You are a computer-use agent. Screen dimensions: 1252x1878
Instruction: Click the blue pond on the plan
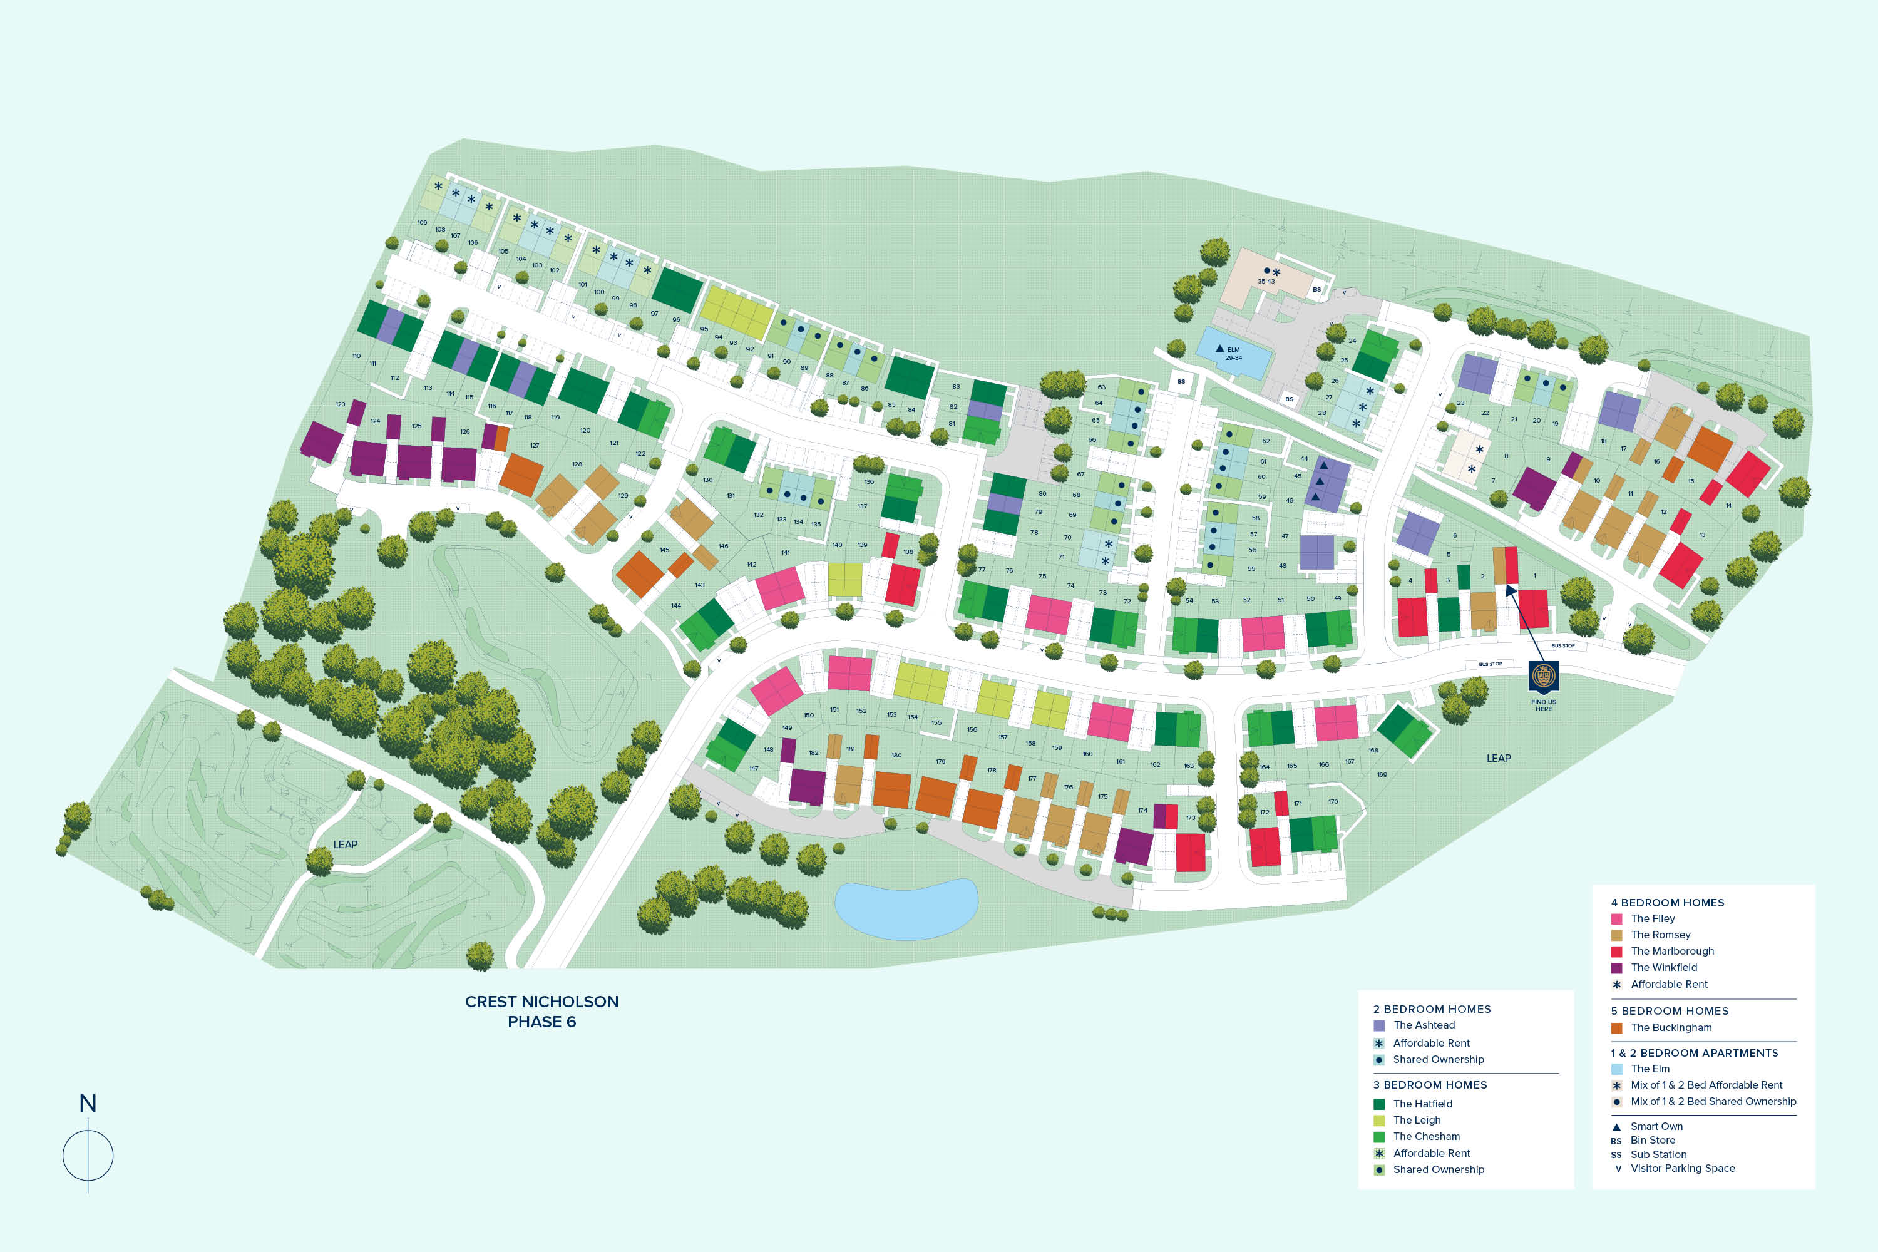906,909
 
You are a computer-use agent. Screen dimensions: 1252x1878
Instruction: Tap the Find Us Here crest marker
1544,675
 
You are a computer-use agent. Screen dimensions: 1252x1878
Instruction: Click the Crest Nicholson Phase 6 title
541,1012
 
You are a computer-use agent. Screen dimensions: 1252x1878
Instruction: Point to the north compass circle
88,1156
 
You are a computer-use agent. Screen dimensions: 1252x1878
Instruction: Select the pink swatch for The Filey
1617,919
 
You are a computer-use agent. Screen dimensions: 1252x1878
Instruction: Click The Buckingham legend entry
1671,1028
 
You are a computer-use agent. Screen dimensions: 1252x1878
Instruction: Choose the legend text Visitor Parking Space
1683,1168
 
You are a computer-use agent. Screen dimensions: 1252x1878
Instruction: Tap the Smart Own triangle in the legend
1616,1127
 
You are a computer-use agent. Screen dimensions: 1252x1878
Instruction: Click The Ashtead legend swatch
1379,1025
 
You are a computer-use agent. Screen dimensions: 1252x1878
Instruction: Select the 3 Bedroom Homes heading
1430,1085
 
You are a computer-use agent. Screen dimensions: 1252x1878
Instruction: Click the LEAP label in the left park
345,844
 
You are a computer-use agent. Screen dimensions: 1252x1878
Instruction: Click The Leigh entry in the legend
1417,1121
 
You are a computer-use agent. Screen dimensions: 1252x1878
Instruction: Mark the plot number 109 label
423,223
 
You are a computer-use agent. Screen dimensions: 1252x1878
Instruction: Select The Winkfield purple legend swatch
1617,968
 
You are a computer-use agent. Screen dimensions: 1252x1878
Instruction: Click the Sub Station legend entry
1658,1154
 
